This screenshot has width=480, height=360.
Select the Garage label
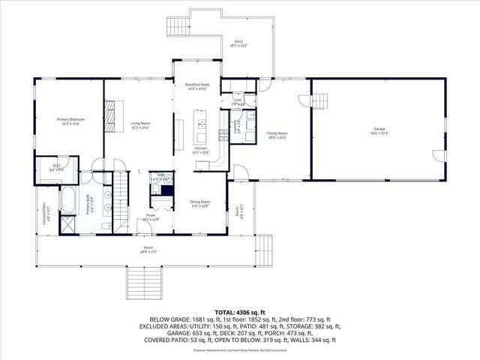[379, 130]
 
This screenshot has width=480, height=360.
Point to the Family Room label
[277, 133]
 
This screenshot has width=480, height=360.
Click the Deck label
[238, 42]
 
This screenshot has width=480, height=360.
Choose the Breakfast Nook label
[197, 85]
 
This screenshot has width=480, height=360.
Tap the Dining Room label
[199, 202]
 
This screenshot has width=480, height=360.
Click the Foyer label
[151, 216]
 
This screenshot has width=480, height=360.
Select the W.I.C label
[56, 166]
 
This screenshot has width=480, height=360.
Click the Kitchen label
[201, 148]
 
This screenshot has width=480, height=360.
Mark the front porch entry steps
[140, 281]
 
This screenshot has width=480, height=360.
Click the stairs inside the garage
[320, 100]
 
